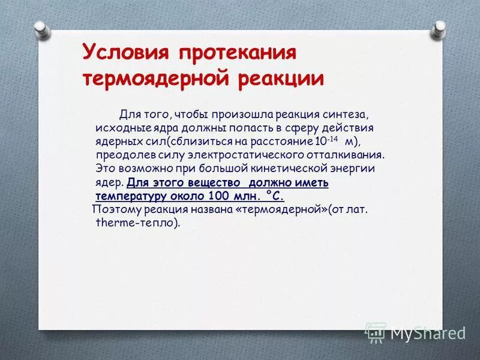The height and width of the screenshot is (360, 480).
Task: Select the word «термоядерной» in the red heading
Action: (x=154, y=79)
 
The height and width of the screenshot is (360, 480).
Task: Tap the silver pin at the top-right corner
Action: (x=439, y=28)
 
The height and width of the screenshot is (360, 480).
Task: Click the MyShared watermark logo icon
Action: (x=376, y=332)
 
